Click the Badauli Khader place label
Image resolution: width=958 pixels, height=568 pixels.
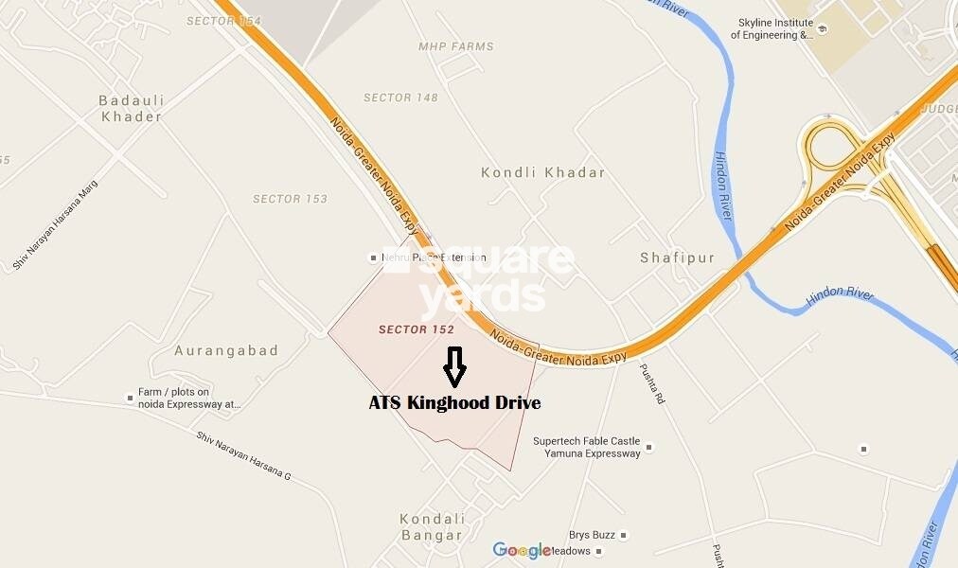click(x=131, y=108)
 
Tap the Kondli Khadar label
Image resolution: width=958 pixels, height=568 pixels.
click(x=542, y=173)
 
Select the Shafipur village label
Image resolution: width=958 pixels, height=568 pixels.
click(x=677, y=257)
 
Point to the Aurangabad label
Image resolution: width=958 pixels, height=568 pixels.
click(x=226, y=350)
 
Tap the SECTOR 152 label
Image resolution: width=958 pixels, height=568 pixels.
click(x=417, y=329)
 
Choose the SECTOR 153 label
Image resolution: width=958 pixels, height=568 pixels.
click(x=290, y=199)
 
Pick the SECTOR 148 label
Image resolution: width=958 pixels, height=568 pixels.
click(x=400, y=98)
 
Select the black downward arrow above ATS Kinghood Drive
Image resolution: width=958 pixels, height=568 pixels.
click(x=454, y=367)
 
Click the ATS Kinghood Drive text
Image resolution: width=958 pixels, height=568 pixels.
click(x=454, y=403)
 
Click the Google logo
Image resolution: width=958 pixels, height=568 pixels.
click(x=521, y=551)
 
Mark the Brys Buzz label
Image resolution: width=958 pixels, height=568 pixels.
click(x=592, y=535)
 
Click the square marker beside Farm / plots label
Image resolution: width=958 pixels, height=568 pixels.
click(x=130, y=398)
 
